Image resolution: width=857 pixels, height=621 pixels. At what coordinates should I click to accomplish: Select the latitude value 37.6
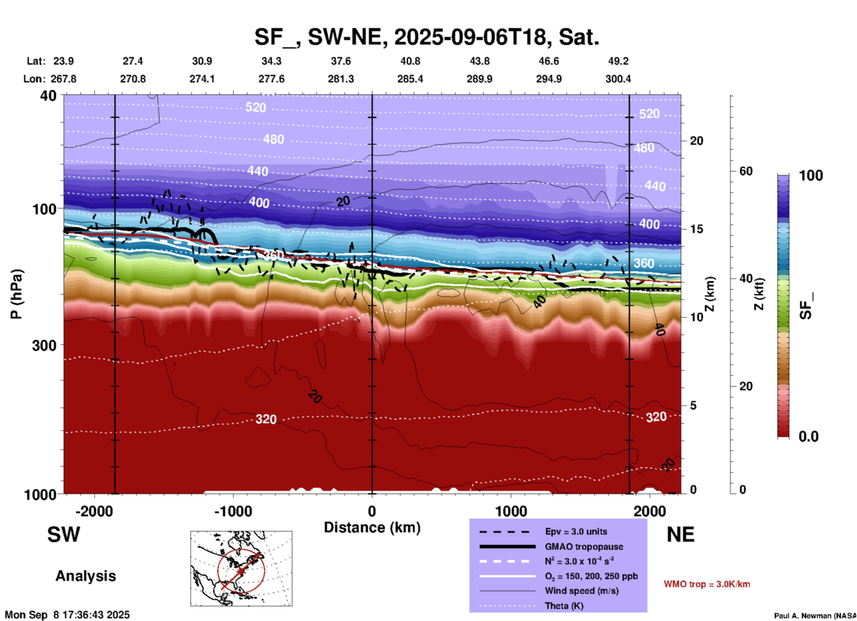(x=340, y=61)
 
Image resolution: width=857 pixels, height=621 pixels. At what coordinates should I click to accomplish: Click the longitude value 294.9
(x=549, y=79)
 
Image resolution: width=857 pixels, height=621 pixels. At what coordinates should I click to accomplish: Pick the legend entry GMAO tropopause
(x=584, y=547)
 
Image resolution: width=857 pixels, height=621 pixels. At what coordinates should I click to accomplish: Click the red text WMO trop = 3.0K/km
(x=707, y=584)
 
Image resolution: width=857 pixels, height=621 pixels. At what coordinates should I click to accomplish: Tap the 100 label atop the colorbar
(x=811, y=176)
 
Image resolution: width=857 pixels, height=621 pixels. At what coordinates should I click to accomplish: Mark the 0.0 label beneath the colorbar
(x=808, y=436)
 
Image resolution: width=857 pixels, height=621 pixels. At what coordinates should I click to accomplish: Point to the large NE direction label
(x=680, y=535)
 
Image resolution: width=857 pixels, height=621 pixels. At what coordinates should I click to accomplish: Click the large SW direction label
(x=64, y=535)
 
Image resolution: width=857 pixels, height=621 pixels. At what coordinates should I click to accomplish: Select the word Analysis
(x=85, y=576)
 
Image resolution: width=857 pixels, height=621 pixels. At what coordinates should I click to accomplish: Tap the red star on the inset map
(x=241, y=571)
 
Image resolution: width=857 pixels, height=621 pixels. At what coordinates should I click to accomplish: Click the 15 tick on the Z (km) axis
(x=696, y=229)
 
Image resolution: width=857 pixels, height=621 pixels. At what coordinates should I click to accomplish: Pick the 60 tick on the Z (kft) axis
(x=746, y=171)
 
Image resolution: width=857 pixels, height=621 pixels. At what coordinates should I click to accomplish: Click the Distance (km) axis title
(x=372, y=527)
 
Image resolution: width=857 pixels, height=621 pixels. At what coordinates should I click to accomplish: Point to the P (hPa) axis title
(x=16, y=294)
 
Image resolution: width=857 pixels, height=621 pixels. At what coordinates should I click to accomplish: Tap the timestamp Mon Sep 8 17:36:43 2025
(x=67, y=615)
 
